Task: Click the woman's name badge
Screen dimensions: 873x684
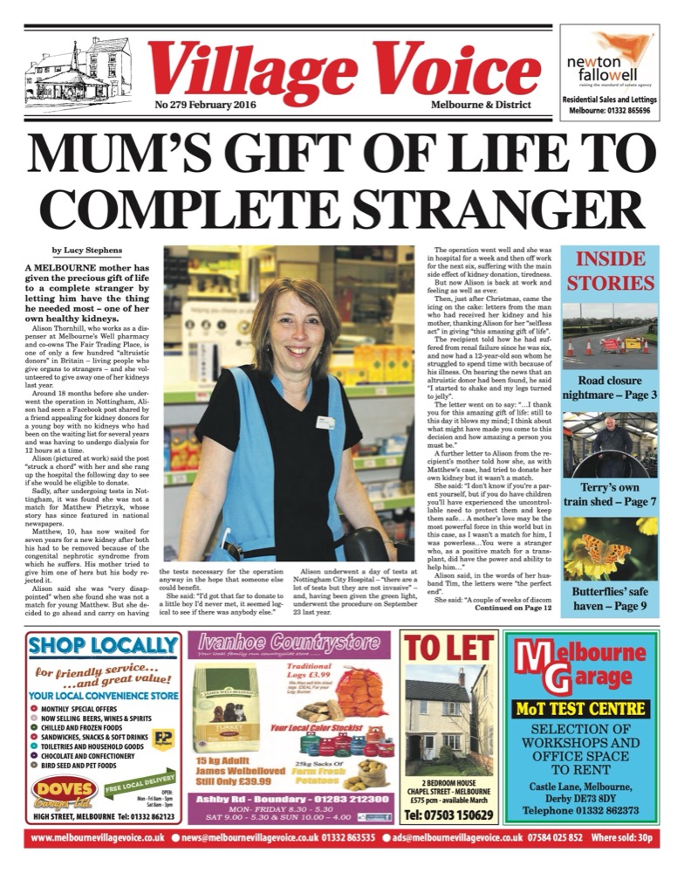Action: (325, 423)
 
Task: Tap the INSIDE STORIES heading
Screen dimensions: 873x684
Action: (610, 272)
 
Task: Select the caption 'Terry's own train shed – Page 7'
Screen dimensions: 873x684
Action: (610, 495)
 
